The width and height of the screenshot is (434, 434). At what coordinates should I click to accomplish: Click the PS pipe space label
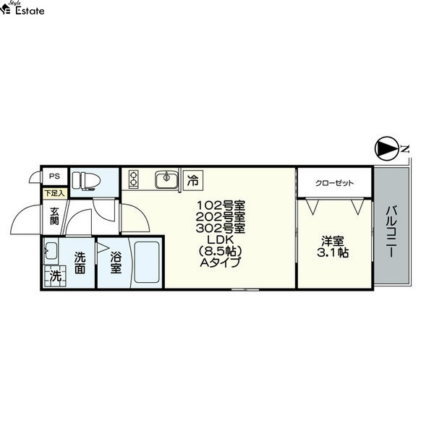pos(54,176)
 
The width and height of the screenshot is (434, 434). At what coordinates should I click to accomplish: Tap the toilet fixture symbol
pos(86,181)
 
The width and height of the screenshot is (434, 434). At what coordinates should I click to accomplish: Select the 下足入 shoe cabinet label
pos(54,193)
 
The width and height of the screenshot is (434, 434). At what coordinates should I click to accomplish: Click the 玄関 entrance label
pos(54,216)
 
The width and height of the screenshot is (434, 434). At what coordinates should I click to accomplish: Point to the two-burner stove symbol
pos(133,179)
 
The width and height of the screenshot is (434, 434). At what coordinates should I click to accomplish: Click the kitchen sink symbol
pos(166,179)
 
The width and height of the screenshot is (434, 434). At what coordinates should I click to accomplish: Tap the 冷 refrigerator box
pos(193,180)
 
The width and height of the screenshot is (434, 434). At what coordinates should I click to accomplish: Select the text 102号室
pos(221,205)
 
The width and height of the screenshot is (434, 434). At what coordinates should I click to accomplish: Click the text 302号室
pos(221,229)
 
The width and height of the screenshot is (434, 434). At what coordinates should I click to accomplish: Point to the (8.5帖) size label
pos(221,251)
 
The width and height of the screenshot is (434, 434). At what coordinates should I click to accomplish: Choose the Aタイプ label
pos(221,263)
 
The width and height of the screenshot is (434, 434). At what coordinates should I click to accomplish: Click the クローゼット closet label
pos(334,183)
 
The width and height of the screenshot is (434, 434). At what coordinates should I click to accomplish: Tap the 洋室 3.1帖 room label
pos(333,247)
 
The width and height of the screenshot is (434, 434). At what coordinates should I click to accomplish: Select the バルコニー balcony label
pos(391,231)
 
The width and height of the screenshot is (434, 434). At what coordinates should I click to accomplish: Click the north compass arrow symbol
pos(386,148)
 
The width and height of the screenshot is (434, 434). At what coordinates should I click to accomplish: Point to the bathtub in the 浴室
pos(146,263)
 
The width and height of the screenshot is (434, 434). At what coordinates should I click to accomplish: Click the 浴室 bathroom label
pos(116,263)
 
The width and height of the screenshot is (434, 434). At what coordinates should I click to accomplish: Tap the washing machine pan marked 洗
pos(56,276)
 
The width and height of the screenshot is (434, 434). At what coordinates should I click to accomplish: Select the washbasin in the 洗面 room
pos(51,250)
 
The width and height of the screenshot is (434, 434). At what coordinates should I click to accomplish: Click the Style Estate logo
pos(22,8)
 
